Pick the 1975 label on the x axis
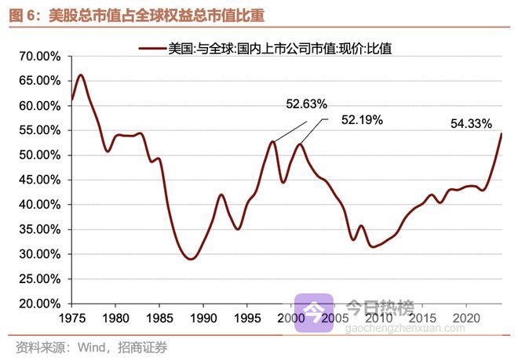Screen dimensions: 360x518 tap(71, 319)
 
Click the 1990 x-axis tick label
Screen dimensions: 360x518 tap(202, 319)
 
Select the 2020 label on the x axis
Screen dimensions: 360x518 tap(466, 319)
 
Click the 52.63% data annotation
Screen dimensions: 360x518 tap(305, 104)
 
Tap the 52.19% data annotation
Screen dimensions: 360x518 tap(362, 120)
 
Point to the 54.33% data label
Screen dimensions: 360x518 tap(471, 123)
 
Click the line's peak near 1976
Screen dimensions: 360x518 tap(81, 75)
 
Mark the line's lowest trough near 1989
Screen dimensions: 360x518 tap(191, 259)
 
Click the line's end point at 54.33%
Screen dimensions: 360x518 tap(502, 134)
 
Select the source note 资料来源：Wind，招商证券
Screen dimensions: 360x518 tap(91, 346)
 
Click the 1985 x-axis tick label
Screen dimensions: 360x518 tap(159, 319)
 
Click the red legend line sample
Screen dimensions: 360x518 tap(152, 49)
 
